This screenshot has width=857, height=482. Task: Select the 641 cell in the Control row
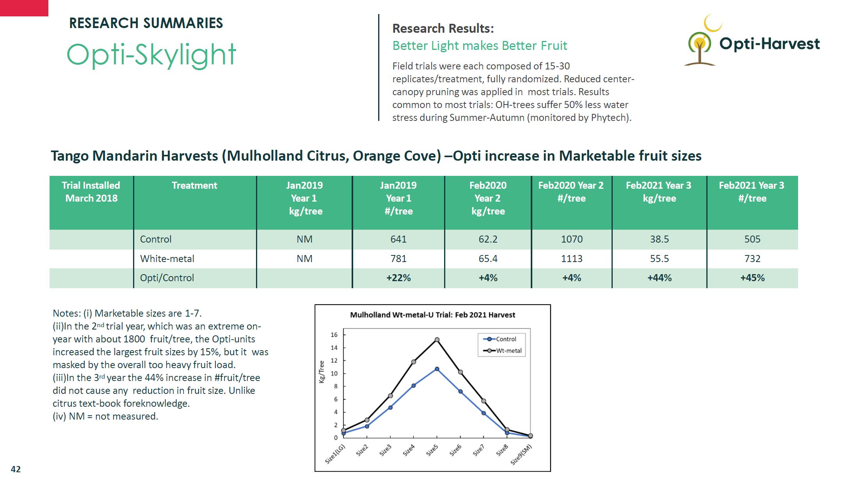click(x=398, y=239)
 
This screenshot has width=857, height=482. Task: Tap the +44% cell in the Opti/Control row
click(x=659, y=278)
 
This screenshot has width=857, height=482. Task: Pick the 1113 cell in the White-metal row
click(x=571, y=259)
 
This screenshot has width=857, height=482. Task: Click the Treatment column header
click(x=194, y=186)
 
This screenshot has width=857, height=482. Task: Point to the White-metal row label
click(x=167, y=259)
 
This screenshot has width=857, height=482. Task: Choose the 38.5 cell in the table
click(x=659, y=239)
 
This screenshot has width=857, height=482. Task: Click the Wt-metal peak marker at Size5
click(x=437, y=340)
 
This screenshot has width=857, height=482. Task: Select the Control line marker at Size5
click(x=437, y=369)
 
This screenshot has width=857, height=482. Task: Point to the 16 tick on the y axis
click(x=334, y=335)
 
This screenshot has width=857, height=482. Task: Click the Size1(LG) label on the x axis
click(x=335, y=454)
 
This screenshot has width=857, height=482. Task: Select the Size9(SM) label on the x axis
click(x=521, y=455)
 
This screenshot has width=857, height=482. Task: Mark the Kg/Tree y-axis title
click(x=322, y=372)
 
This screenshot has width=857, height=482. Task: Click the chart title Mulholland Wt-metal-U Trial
click(x=432, y=315)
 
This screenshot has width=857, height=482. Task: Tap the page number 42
click(x=16, y=469)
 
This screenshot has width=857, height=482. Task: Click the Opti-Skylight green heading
click(x=151, y=55)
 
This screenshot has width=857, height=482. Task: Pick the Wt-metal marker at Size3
click(x=390, y=396)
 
